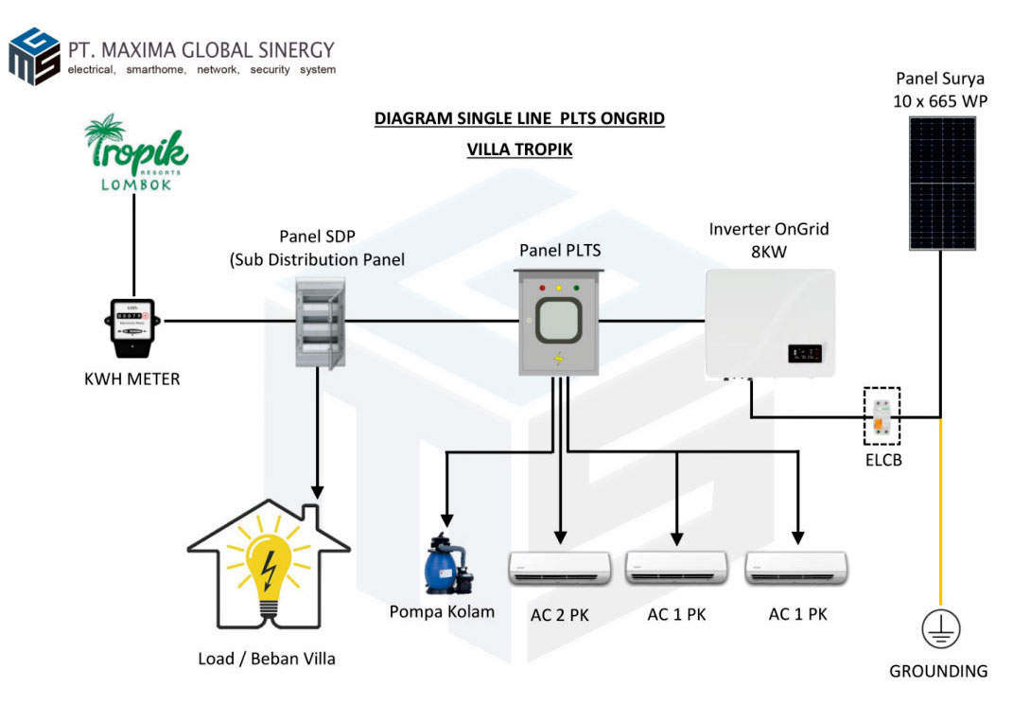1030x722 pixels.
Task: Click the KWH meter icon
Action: tap(134, 328)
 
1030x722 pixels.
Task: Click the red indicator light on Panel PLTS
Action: tap(542, 286)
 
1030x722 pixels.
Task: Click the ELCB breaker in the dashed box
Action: tap(882, 416)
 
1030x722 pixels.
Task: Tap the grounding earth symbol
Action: tap(940, 628)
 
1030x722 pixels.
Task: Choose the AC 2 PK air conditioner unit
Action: tap(559, 568)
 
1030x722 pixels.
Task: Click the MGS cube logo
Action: tap(34, 57)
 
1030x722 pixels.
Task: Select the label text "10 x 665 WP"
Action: tap(940, 100)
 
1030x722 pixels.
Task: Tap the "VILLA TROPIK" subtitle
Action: tap(519, 150)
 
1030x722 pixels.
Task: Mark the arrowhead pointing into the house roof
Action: tap(318, 493)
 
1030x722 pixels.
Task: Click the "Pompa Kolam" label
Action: tap(442, 612)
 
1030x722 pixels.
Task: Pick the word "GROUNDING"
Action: tap(938, 671)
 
